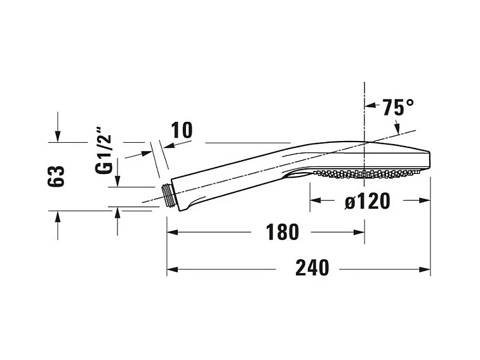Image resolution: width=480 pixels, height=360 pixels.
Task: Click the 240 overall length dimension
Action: [x=312, y=269]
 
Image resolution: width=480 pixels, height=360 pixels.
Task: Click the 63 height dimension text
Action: [x=58, y=175]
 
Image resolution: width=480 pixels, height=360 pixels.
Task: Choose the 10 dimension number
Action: [x=181, y=130]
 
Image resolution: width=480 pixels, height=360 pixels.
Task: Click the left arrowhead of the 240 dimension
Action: [x=172, y=269]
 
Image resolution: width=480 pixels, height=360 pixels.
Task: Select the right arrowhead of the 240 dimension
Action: [x=426, y=269]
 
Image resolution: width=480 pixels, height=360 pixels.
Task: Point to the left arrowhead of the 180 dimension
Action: [x=172, y=232]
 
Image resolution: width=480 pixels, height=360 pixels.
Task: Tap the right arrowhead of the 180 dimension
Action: [x=360, y=232]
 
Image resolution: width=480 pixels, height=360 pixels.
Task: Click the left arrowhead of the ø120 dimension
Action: [x=315, y=201]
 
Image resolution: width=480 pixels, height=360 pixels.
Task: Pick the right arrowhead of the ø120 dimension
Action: [x=426, y=201]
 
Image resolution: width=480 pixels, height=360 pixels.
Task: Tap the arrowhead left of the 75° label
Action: [x=370, y=107]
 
